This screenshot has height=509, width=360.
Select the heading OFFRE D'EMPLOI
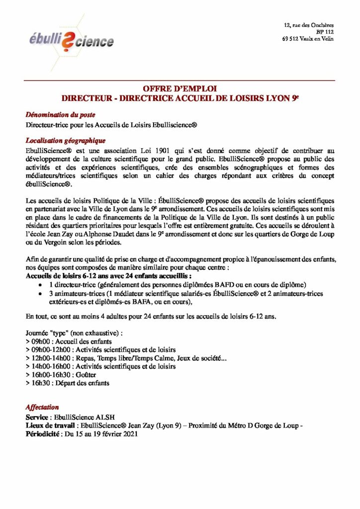[180, 89]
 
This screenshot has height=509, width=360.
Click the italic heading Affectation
[42, 407]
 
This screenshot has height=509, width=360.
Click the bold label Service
[38, 417]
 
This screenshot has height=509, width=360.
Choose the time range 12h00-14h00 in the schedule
[50, 358]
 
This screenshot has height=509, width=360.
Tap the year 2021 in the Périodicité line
[127, 433]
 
